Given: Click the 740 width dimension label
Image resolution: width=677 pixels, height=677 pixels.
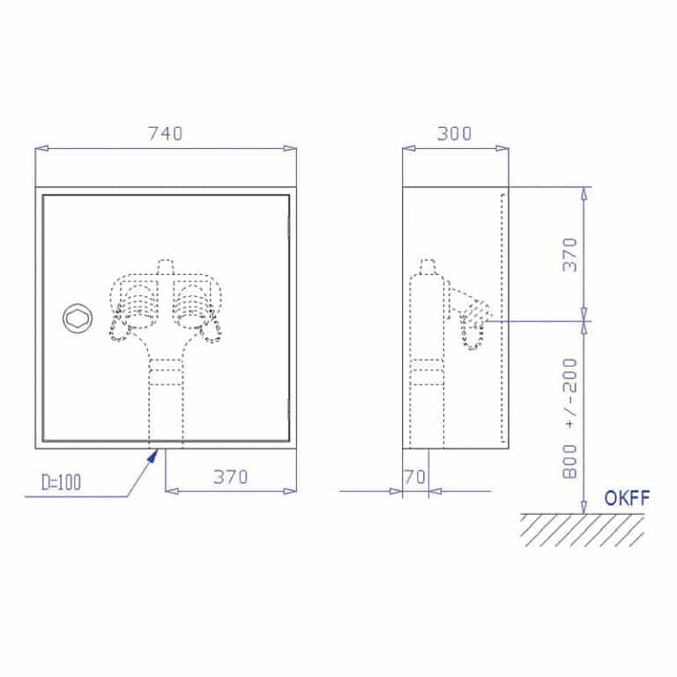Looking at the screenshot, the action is tap(166, 133).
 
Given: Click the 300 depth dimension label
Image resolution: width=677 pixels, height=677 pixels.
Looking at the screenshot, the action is tap(454, 133).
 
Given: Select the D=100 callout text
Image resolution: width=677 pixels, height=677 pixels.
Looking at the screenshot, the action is tap(62, 482).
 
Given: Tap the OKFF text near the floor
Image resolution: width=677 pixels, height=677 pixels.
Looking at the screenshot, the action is tap(627, 498).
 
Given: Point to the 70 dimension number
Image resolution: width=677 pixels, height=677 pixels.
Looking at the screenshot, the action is tap(415, 477).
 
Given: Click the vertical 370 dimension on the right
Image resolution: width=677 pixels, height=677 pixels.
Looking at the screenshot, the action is tap(570, 255).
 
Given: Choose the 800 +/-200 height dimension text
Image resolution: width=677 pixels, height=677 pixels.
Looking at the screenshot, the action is tap(570, 418).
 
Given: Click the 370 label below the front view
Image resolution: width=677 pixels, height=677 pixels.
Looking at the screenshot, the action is tap(231, 477).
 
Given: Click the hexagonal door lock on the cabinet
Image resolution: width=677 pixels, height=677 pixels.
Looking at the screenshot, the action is tap(78, 318).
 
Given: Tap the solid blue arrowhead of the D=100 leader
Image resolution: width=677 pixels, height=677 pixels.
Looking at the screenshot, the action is tap(153, 456).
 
